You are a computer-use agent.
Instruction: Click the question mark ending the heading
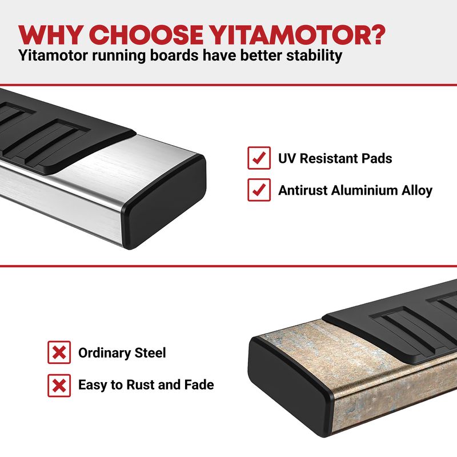click(375, 35)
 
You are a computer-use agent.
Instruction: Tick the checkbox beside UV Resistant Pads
click(259, 158)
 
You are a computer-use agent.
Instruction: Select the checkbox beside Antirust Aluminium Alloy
click(259, 190)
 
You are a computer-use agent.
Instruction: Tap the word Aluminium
click(364, 190)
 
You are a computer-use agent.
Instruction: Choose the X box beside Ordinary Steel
click(59, 352)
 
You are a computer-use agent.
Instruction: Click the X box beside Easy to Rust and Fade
click(59, 385)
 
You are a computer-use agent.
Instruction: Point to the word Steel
click(150, 352)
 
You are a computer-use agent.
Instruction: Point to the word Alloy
click(417, 191)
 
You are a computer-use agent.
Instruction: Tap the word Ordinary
click(105, 353)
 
